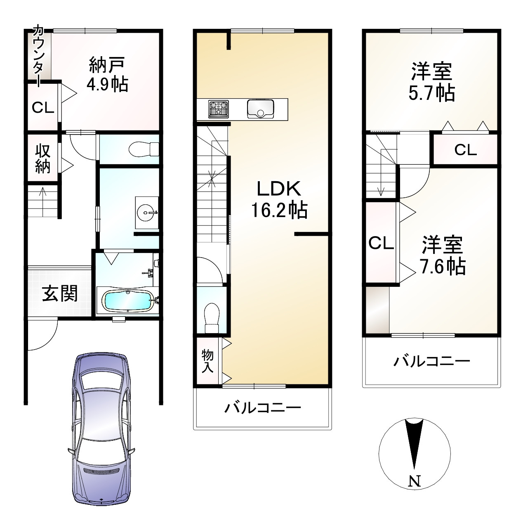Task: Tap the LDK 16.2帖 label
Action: [279, 199]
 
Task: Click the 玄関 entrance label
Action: [60, 294]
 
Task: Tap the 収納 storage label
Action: [42, 158]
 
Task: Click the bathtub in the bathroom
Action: [128, 300]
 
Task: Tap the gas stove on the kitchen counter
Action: [219, 109]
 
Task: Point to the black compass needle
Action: [414, 442]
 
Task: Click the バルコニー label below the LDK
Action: [263, 409]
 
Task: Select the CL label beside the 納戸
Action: [43, 108]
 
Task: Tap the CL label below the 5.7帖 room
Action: [465, 150]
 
